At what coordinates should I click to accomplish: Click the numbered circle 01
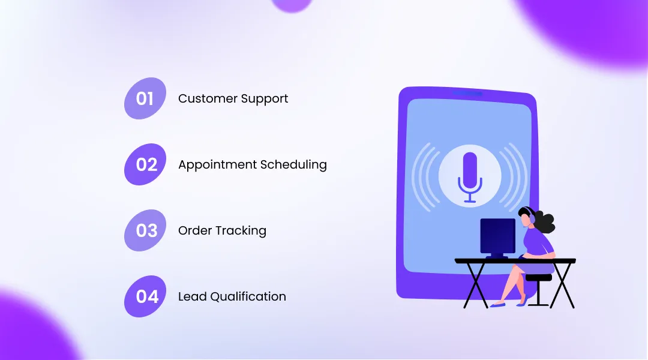coord(145,98)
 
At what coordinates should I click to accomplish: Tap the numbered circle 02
coord(145,164)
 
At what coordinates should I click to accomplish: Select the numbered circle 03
coord(145,230)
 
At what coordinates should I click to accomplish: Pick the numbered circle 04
coord(145,296)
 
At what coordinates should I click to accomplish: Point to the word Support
coord(265,99)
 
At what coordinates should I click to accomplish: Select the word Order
coord(193,230)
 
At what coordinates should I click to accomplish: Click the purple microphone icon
coord(470,174)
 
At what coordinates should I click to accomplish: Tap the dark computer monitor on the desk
coord(497,236)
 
